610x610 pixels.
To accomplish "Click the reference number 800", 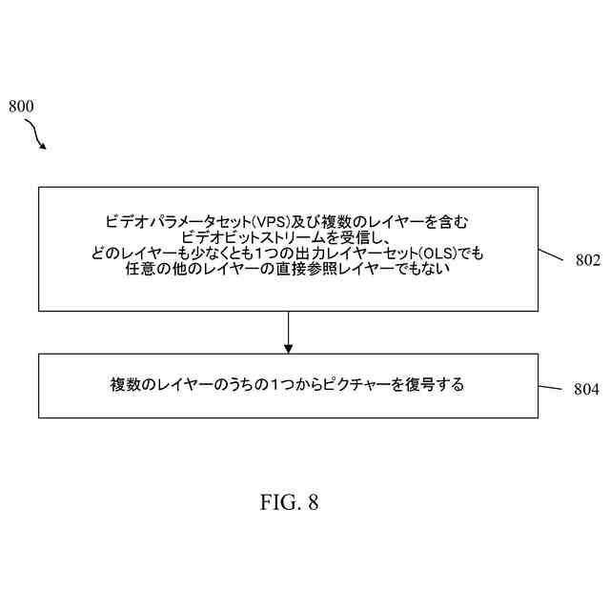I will coord(21,107).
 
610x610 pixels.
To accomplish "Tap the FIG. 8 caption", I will coord(289,503).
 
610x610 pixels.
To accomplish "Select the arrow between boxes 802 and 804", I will coord(288,332).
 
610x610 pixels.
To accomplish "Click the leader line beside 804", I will coord(553,387).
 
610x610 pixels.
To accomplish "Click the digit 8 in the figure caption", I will coord(312,503).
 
